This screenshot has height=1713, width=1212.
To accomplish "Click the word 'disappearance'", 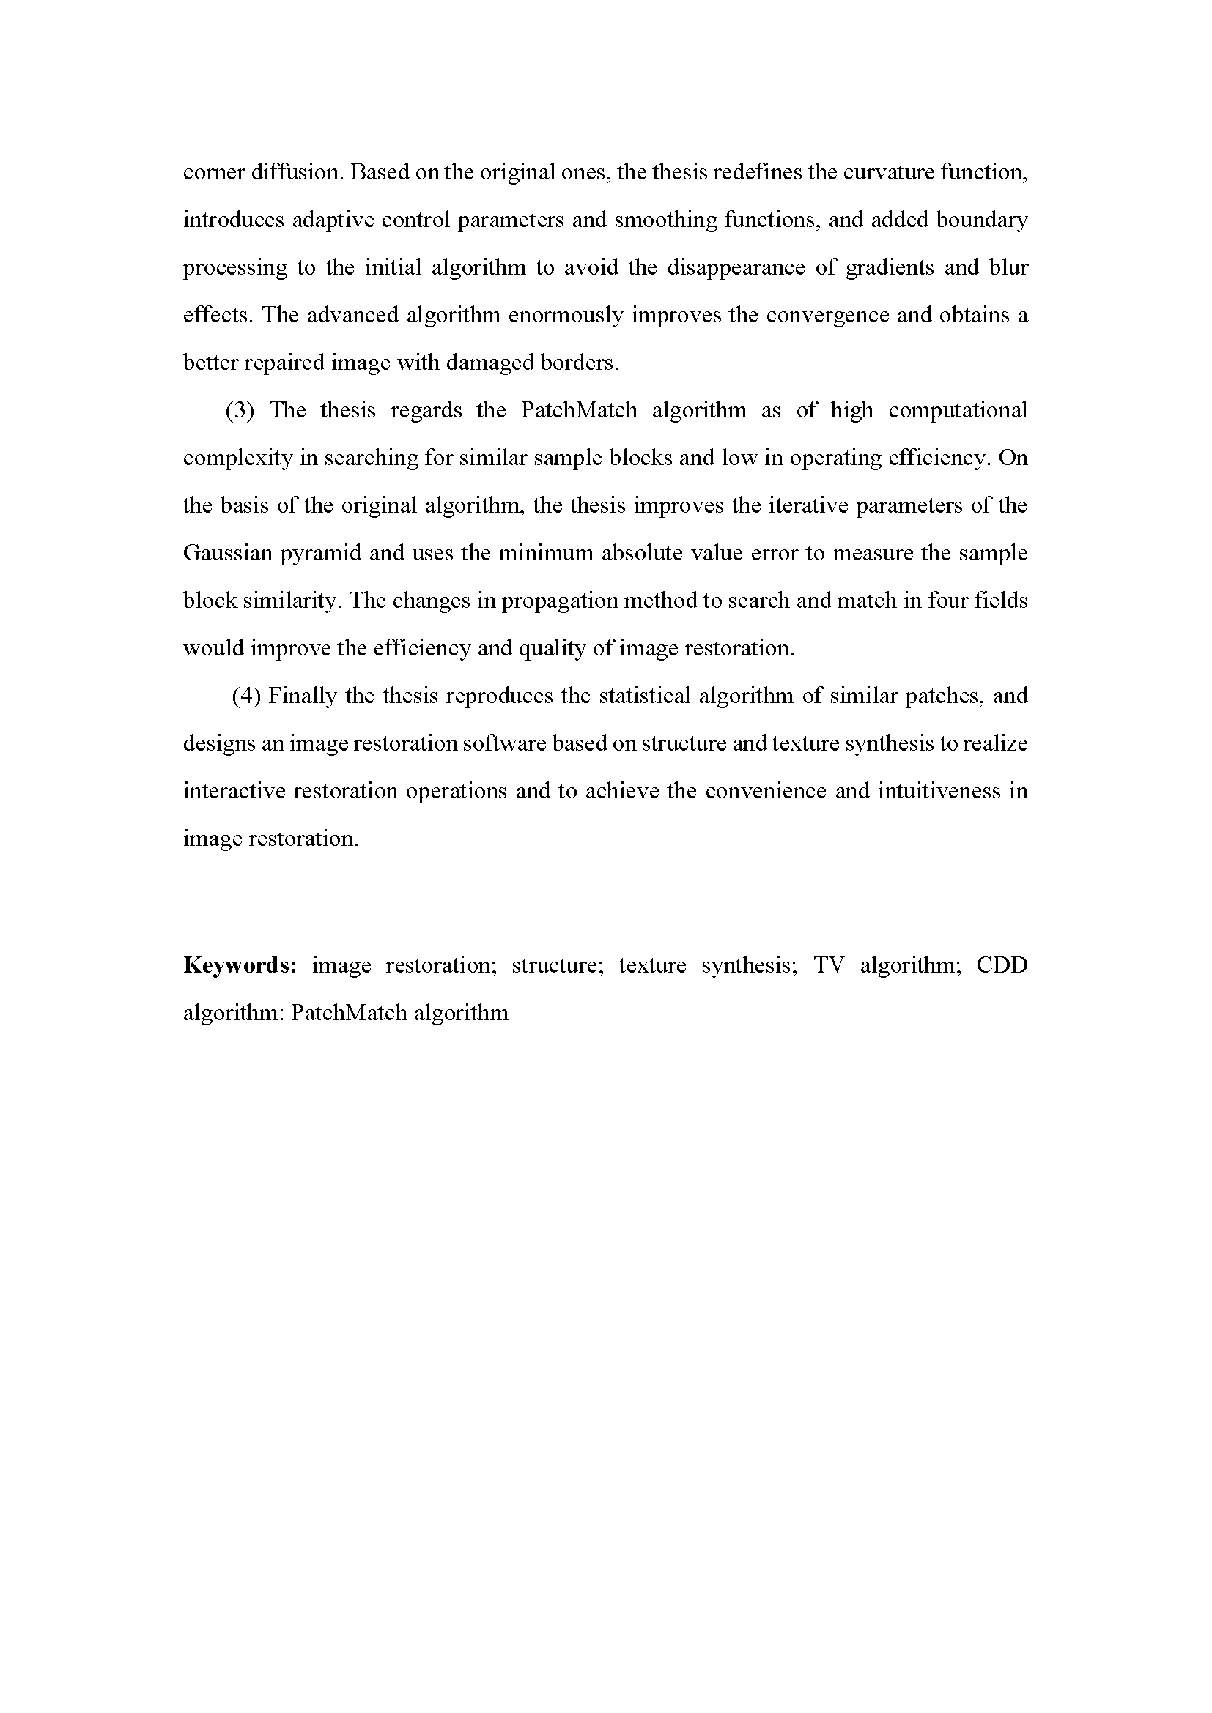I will [735, 268].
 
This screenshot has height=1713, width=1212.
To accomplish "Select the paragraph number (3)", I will [240, 410].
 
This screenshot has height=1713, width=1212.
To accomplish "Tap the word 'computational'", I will [958, 410].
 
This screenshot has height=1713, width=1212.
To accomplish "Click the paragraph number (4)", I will [246, 696].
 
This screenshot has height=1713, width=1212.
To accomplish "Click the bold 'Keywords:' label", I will [240, 965].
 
